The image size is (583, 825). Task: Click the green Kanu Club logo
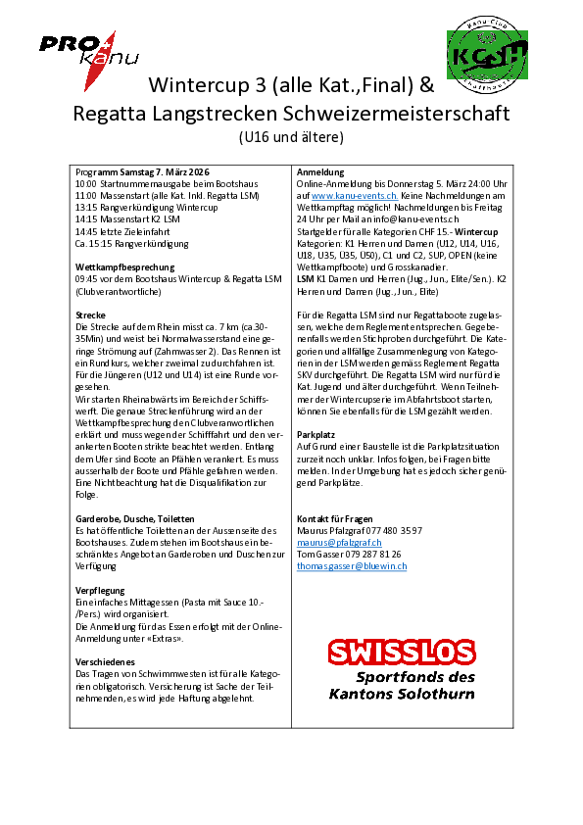coord(488,55)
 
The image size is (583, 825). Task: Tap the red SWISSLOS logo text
coord(401,653)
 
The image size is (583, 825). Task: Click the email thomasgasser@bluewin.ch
coord(353,566)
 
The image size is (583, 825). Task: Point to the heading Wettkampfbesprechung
coord(124,267)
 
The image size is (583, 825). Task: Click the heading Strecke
coord(90,315)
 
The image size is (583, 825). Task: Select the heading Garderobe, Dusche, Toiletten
coord(134,518)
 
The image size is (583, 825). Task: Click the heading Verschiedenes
coord(107,662)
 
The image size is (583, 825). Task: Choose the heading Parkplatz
coord(316,433)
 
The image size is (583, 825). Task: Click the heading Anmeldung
coord(320,171)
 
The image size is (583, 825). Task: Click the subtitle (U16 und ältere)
coord(290,137)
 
